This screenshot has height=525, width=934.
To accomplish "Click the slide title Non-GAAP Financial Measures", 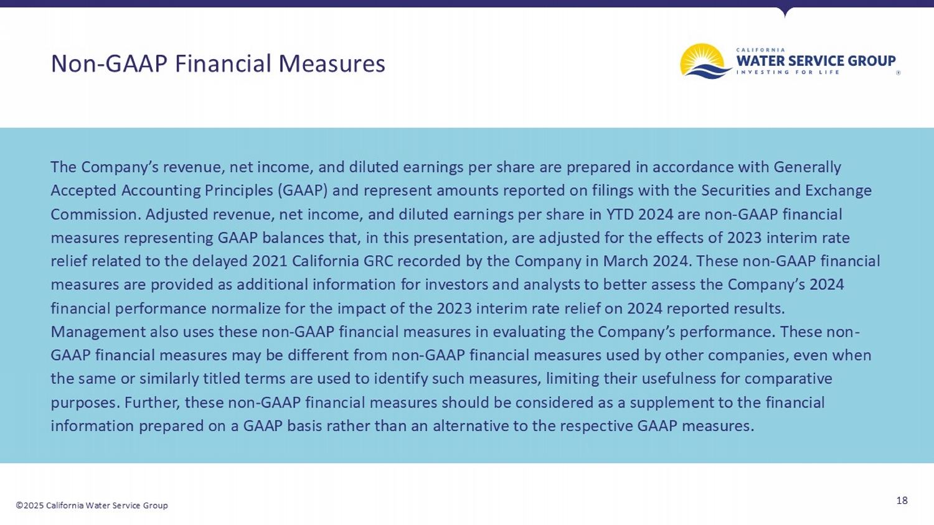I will (x=217, y=63).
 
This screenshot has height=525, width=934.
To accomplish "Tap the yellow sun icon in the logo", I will (x=701, y=57).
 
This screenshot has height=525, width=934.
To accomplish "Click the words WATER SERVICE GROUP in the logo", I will (x=816, y=61).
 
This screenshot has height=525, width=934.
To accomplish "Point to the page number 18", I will (x=902, y=500).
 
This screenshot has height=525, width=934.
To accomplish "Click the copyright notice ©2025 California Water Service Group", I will (x=92, y=505).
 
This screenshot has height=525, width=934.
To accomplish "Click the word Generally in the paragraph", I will (x=807, y=167).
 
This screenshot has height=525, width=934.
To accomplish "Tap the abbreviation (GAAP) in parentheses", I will (x=303, y=190).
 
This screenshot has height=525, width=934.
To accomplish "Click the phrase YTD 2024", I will (x=639, y=215).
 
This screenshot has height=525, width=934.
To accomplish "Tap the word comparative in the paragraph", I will (x=788, y=379).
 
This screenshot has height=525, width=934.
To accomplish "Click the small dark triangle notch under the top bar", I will (x=785, y=11).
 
